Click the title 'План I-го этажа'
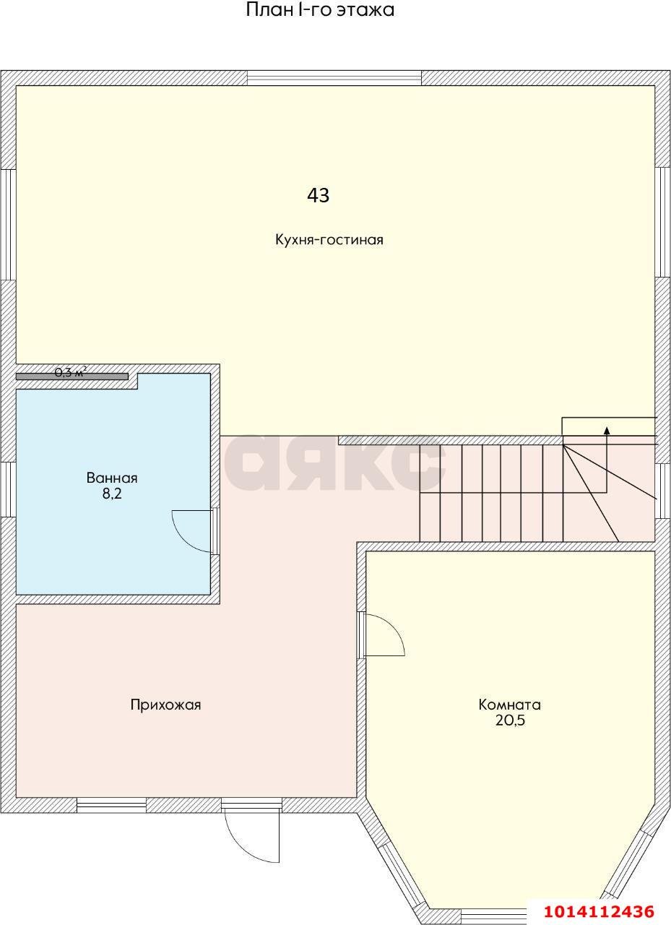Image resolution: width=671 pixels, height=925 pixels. tap(320, 11)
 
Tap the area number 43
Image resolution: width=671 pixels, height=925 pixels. tap(319, 195)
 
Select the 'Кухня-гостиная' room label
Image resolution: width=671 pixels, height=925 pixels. tap(329, 240)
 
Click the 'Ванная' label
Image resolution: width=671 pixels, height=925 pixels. tap(112, 478)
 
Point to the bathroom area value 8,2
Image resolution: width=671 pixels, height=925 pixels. tap(112, 494)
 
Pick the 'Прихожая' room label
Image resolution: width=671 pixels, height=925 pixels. tap(165, 705)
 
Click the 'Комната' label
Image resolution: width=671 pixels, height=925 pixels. tap(509, 705)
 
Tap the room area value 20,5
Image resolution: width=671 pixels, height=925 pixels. tap(509, 720)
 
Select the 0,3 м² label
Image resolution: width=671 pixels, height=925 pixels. tap(70, 373)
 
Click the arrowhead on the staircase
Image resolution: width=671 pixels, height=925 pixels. tap(607, 431)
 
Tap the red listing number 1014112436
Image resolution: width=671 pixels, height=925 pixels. tap(599, 911)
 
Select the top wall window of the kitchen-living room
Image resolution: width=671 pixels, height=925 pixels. tap(334, 78)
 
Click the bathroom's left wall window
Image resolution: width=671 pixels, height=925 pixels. tap(8, 489)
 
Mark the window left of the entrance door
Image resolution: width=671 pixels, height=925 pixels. tap(111, 805)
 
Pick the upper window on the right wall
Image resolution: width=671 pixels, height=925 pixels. tap(662, 222)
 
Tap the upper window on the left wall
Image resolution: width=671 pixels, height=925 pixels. tap(8, 224)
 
